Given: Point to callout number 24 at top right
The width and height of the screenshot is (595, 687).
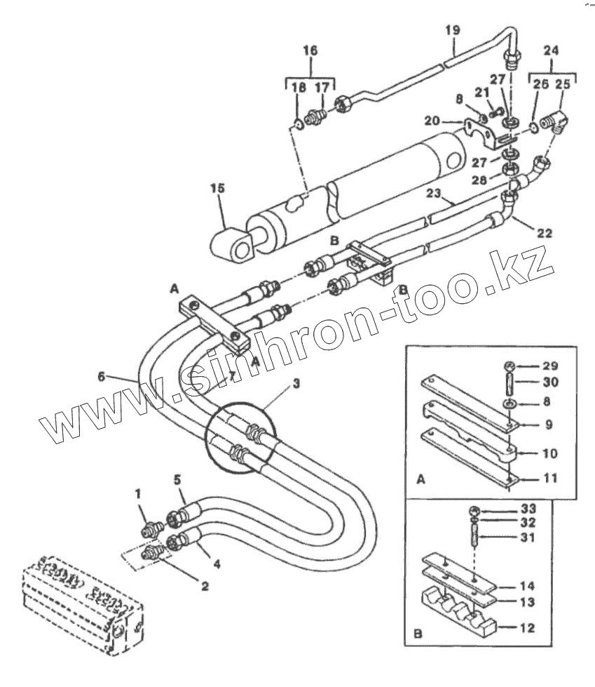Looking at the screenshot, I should pos(552,51).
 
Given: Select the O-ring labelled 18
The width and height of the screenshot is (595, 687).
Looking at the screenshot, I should pos(299,125).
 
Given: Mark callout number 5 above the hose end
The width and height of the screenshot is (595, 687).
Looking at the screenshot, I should pos(177,480).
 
